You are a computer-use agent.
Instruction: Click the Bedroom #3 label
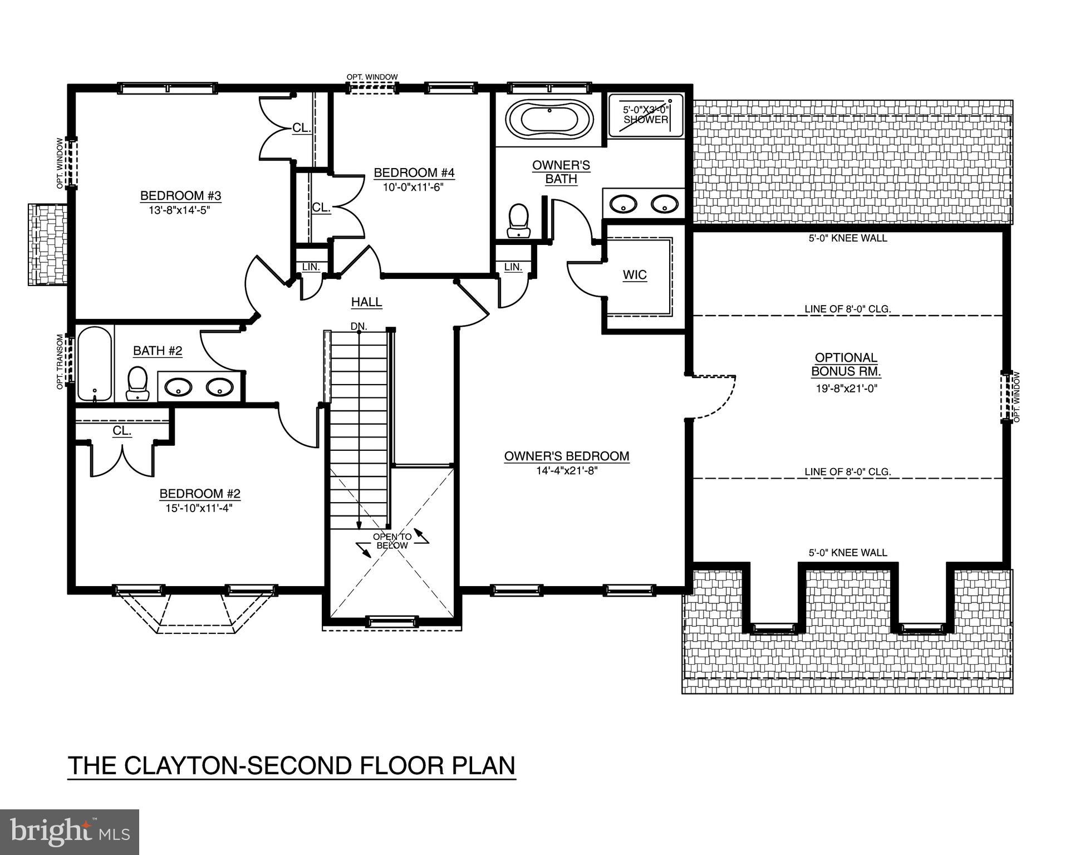[180, 196]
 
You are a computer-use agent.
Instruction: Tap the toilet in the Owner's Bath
[519, 220]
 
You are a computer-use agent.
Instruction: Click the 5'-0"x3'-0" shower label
[645, 115]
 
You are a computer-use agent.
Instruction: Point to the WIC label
[635, 275]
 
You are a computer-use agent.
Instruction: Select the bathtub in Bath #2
[94, 364]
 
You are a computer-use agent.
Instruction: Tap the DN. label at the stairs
[359, 326]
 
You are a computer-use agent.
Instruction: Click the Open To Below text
[392, 541]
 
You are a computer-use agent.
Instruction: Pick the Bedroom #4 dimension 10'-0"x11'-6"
[413, 188]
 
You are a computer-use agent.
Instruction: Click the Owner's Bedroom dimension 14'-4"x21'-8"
[566, 471]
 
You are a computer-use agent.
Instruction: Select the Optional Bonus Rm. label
[846, 365]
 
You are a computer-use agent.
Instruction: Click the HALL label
[366, 302]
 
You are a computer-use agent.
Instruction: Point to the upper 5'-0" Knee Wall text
[847, 238]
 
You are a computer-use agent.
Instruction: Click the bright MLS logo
[69, 832]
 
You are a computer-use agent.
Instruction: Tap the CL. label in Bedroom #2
[121, 431]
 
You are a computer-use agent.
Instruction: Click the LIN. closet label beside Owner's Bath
[513, 267]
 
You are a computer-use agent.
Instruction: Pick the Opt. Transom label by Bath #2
[60, 362]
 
